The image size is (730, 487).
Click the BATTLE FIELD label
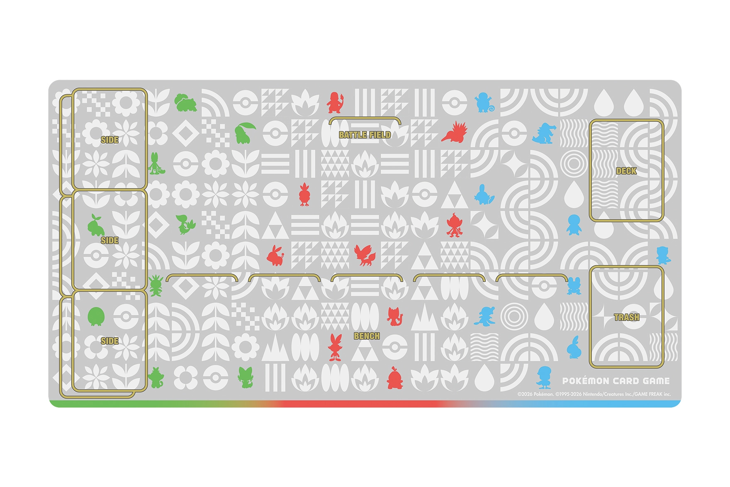tap(365, 135)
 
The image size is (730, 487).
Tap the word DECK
tap(626, 171)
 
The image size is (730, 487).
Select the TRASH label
tap(626, 317)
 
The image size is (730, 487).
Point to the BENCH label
tap(367, 336)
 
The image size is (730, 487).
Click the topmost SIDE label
tap(109, 140)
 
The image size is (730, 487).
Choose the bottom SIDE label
tap(109, 341)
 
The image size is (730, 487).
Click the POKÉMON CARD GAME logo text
tap(616, 381)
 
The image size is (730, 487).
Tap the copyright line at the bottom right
tap(594, 394)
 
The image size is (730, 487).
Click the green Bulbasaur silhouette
tap(185, 103)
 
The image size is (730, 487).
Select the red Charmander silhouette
tap(335, 102)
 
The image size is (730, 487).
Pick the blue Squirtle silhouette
tap(484, 102)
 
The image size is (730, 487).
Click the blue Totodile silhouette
tap(543, 133)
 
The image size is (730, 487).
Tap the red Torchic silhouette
tap(304, 194)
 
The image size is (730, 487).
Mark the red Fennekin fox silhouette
tap(365, 255)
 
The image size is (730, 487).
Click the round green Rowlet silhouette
tap(96, 317)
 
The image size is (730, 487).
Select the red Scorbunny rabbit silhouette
tap(335, 347)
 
